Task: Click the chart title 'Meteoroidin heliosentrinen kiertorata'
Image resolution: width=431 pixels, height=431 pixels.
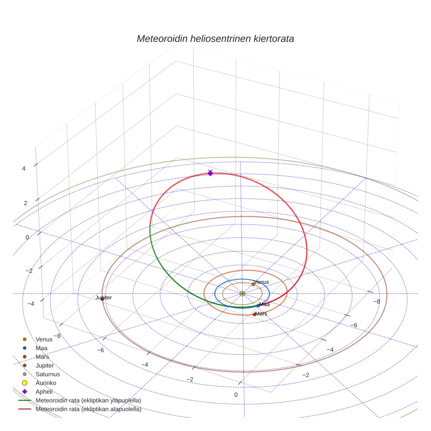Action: pyautogui.click(x=215, y=39)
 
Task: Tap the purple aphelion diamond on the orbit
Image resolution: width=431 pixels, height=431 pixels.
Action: pyautogui.click(x=210, y=173)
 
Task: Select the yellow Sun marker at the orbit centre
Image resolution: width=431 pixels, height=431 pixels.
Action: pyautogui.click(x=242, y=293)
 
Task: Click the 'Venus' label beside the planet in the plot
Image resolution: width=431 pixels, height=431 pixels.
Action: pyautogui.click(x=262, y=282)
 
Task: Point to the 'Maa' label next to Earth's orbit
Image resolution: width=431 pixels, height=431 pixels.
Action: pyautogui.click(x=265, y=304)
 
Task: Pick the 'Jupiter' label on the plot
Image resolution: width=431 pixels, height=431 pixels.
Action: pyautogui.click(x=104, y=298)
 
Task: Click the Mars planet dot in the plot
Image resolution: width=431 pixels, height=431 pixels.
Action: pyautogui.click(x=254, y=314)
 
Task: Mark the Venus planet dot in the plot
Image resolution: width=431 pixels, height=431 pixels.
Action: pyautogui.click(x=253, y=284)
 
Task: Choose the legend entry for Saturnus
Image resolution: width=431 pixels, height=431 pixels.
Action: pyautogui.click(x=48, y=374)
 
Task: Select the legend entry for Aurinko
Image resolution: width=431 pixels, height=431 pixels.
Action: pyautogui.click(x=46, y=383)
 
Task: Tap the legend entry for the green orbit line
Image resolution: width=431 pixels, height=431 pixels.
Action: pyautogui.click(x=88, y=401)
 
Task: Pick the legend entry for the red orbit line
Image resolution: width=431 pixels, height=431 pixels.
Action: pyautogui.click(x=88, y=410)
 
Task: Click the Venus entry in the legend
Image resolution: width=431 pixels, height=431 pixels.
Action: pyautogui.click(x=44, y=339)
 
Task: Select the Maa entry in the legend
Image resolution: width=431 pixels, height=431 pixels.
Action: pyautogui.click(x=42, y=348)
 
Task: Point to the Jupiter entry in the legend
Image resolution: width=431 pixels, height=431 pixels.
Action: pyautogui.click(x=45, y=366)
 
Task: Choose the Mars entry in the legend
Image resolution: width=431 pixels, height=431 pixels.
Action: pyautogui.click(x=42, y=357)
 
